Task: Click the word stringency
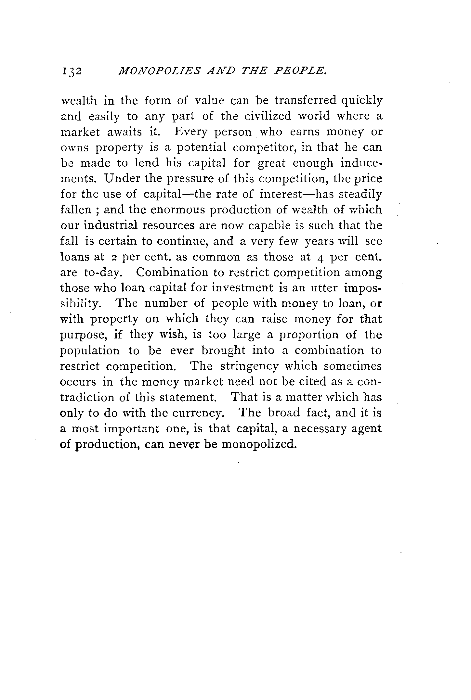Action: [249, 366]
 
